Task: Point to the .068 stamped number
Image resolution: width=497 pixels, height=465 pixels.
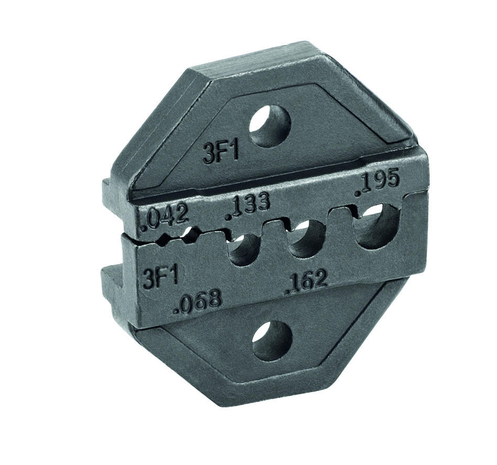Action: click(199, 301)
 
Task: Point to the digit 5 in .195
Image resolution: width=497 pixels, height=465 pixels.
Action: click(392, 180)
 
